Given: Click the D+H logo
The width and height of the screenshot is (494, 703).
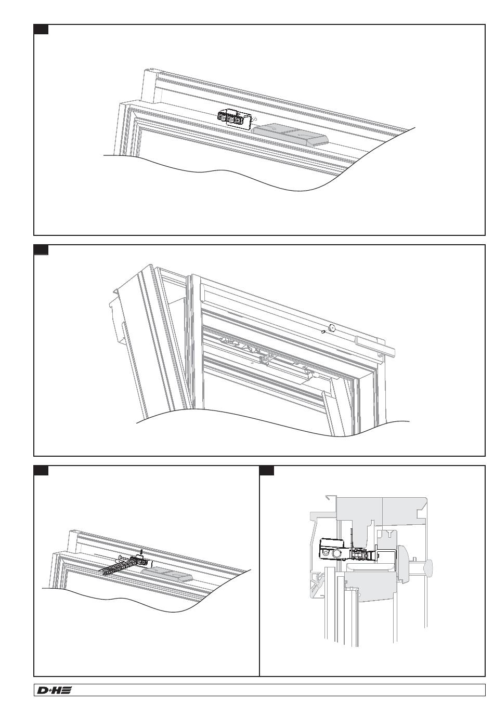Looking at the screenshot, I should [54, 690].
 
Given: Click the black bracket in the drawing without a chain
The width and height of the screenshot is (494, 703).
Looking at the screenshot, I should [231, 118].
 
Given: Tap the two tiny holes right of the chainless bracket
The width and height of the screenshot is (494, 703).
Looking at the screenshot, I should [253, 120].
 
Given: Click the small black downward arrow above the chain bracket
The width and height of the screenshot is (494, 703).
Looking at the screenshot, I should [141, 552].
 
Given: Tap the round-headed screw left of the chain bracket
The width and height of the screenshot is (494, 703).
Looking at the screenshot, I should [120, 558].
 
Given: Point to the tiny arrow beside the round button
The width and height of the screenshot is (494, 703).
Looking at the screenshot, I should [323, 331].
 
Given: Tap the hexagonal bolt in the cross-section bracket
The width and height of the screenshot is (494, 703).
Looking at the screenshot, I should [335, 554].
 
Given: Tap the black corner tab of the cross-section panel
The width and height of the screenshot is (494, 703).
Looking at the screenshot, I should [267, 470].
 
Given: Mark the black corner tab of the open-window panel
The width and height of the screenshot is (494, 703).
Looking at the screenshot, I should [41, 250].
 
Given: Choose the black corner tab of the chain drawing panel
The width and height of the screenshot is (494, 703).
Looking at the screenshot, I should [41, 470].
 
